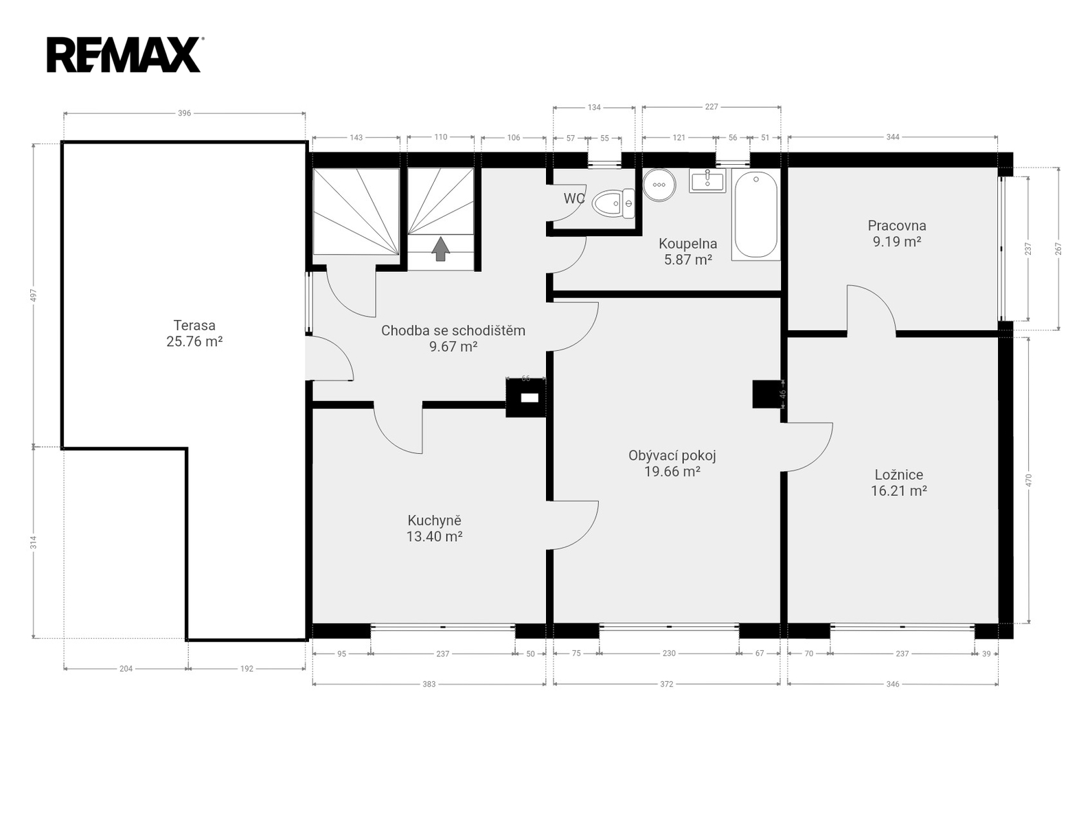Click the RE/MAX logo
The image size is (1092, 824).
click(124, 55)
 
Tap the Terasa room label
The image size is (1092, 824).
click(194, 325)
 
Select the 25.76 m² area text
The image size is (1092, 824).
click(194, 341)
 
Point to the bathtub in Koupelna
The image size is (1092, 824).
click(755, 214)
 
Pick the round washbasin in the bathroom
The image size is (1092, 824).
click(659, 185)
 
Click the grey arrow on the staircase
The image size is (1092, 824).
click(440, 249)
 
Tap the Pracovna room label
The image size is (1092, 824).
click(896, 225)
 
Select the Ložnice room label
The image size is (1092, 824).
click(899, 474)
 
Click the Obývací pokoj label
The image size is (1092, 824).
click(672, 455)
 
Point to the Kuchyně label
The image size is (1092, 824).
click(434, 520)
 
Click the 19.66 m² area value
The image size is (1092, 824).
click(672, 471)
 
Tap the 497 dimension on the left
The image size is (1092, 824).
click(34, 295)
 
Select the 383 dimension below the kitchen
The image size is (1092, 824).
click(429, 684)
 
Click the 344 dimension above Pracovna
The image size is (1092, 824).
click(893, 137)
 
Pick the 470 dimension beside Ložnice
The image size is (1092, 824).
click(1028, 480)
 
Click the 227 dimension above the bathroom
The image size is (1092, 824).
click(712, 107)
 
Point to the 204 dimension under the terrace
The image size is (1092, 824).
click(126, 668)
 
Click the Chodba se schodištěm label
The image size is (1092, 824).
click(453, 330)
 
